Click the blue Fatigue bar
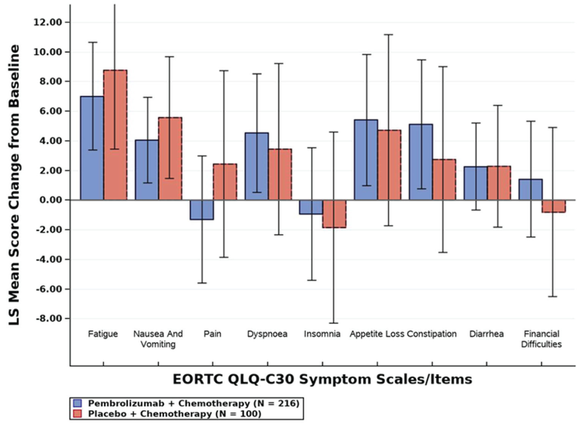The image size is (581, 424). click(92, 148)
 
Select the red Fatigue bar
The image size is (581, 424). click(115, 135)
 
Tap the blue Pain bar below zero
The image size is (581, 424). click(202, 210)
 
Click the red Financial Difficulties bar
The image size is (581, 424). click(553, 206)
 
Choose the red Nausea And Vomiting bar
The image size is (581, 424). click(170, 159)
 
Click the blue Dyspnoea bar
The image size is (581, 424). click(257, 166)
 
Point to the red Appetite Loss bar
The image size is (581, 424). click(389, 165)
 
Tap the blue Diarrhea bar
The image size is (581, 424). click(475, 183)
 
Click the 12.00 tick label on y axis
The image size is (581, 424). click(47, 22)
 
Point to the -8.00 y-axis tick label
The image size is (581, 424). click(49, 318)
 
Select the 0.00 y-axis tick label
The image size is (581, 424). click(51, 200)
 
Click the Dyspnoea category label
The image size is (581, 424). click(267, 334)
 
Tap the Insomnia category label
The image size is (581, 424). click(322, 334)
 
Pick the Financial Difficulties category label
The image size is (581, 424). click(541, 339)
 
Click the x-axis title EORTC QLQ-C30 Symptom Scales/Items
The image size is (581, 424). click(322, 379)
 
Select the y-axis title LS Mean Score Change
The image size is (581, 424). click(14, 185)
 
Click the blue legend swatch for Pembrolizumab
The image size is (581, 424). click(77, 403)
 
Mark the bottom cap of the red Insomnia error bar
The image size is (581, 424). click(334, 323)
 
